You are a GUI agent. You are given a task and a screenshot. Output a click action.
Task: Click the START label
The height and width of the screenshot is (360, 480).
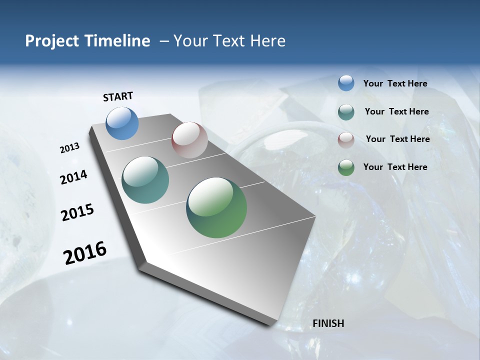(118, 96)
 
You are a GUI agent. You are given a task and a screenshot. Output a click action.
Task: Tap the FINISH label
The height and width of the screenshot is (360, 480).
(328, 323)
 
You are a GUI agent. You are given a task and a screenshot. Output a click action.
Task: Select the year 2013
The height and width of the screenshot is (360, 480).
(69, 148)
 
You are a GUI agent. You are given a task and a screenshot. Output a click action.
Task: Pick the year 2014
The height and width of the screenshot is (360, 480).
(73, 177)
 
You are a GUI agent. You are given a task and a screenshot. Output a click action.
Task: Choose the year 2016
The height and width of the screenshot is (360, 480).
(85, 252)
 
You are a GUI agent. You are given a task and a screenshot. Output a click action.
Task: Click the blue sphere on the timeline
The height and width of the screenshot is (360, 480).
(122, 123)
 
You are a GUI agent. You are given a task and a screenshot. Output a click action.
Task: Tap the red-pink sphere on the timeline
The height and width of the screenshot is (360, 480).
(189, 140)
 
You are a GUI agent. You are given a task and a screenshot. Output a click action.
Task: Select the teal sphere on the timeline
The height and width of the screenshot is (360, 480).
(145, 180)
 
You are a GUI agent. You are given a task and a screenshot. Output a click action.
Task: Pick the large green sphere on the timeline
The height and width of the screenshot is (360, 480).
(216, 207)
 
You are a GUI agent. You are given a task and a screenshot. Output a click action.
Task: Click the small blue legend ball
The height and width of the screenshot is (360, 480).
(346, 83)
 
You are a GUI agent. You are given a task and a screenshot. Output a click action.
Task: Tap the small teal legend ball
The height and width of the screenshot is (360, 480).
(346, 112)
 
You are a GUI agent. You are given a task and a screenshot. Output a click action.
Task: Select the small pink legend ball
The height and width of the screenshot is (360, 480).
(346, 140)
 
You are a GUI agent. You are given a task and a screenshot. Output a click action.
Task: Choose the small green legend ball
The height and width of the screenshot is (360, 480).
(346, 167)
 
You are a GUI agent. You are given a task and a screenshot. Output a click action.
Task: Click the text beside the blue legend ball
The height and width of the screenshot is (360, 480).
(395, 83)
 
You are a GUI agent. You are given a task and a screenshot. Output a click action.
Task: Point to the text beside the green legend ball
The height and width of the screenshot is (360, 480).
(395, 167)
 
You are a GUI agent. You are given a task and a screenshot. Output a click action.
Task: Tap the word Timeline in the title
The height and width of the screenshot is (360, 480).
(118, 41)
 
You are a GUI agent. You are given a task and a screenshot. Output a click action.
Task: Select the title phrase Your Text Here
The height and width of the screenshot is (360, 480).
(229, 41)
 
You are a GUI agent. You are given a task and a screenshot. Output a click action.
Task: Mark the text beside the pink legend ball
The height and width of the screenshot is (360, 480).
(397, 139)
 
